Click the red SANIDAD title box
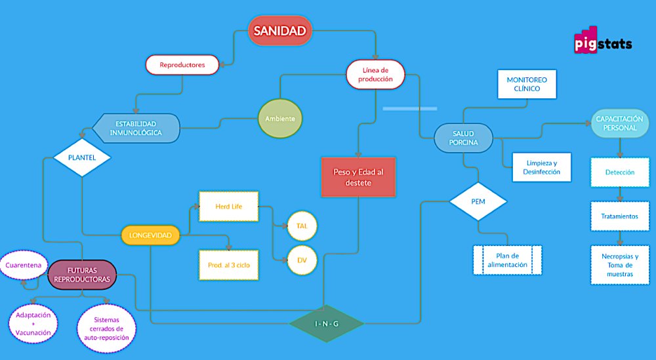pyautogui.click(x=279, y=31)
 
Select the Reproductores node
pyautogui.click(x=183, y=65)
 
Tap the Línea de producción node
pyautogui.click(x=376, y=74)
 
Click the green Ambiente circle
pyautogui.click(x=280, y=119)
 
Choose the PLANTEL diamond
pyautogui.click(x=81, y=158)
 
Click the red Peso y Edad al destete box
pyautogui.click(x=358, y=177)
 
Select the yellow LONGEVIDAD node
pyautogui.click(x=150, y=235)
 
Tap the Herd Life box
pyautogui.click(x=228, y=207)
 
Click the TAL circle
pyautogui.click(x=302, y=226)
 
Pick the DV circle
pyautogui.click(x=302, y=260)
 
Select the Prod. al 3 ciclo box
pyautogui.click(x=228, y=264)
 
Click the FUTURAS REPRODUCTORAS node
pyautogui.click(x=82, y=274)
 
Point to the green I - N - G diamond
pyautogui.click(x=325, y=323)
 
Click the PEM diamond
pyautogui.click(x=478, y=201)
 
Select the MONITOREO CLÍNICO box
pyautogui.click(x=527, y=85)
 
